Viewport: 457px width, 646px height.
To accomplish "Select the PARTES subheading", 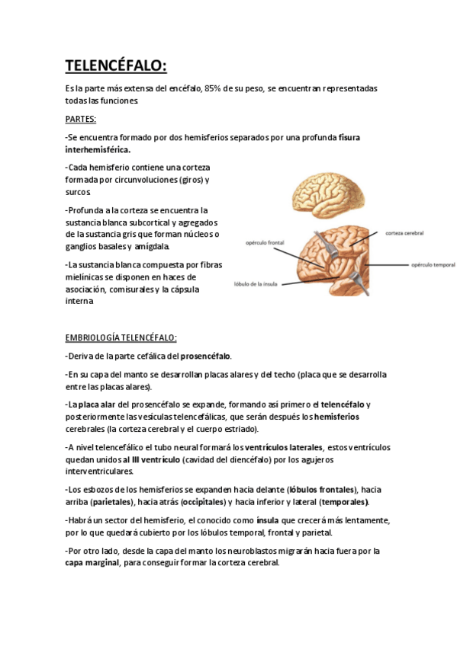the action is coord(80,120).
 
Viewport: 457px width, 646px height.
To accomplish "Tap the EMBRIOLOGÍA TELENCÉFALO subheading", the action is coord(121,337).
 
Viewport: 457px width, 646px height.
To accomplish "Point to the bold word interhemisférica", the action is coord(98,149).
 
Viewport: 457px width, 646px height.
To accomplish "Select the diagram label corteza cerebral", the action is coord(404,233).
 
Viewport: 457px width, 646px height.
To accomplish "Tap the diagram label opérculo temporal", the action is coord(433,265).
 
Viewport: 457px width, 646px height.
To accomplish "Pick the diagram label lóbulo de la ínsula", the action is coord(256,285).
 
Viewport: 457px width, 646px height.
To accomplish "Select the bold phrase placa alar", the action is coord(95,405).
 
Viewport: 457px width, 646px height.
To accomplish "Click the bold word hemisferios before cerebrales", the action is coord(336,417).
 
